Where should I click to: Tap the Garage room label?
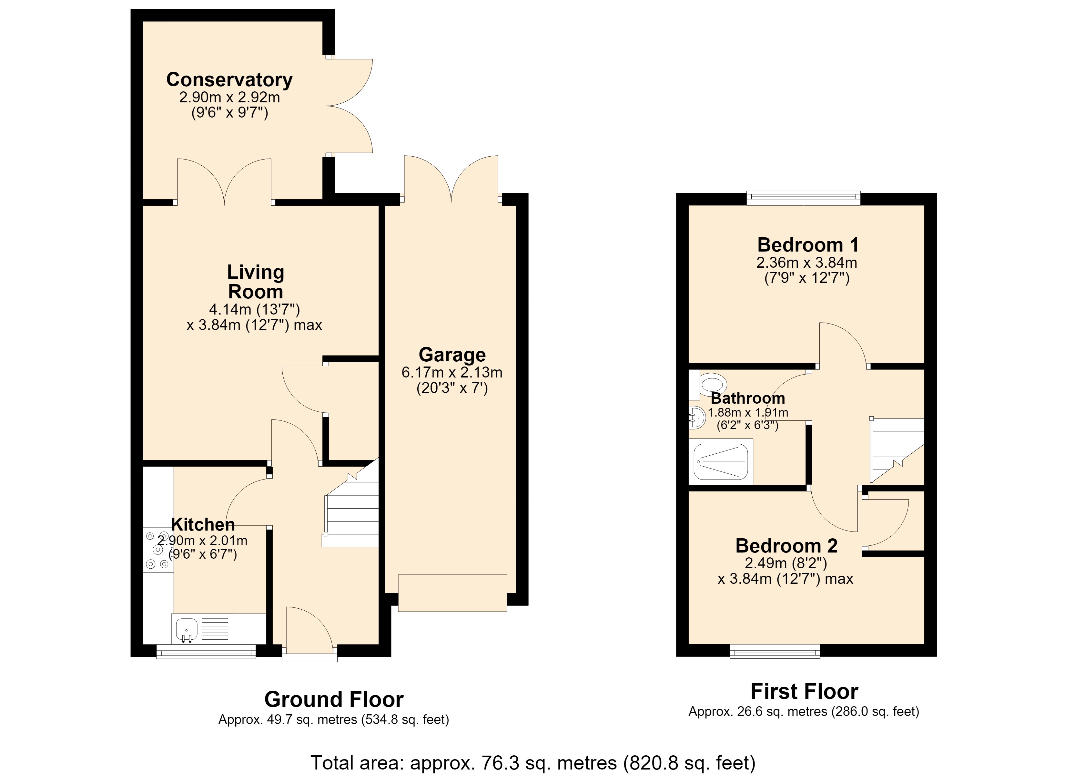(x=452, y=355)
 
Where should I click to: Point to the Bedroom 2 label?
(x=786, y=546)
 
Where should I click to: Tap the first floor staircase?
(x=897, y=450)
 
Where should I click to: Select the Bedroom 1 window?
(x=804, y=198)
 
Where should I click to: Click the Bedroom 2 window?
(x=775, y=651)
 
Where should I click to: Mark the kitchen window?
(x=206, y=651)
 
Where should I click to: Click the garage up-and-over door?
(x=452, y=593)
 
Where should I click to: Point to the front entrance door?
(x=309, y=635)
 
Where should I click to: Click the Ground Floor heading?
(x=334, y=700)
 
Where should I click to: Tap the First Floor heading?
(x=804, y=691)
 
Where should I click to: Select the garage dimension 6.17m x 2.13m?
(x=452, y=373)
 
